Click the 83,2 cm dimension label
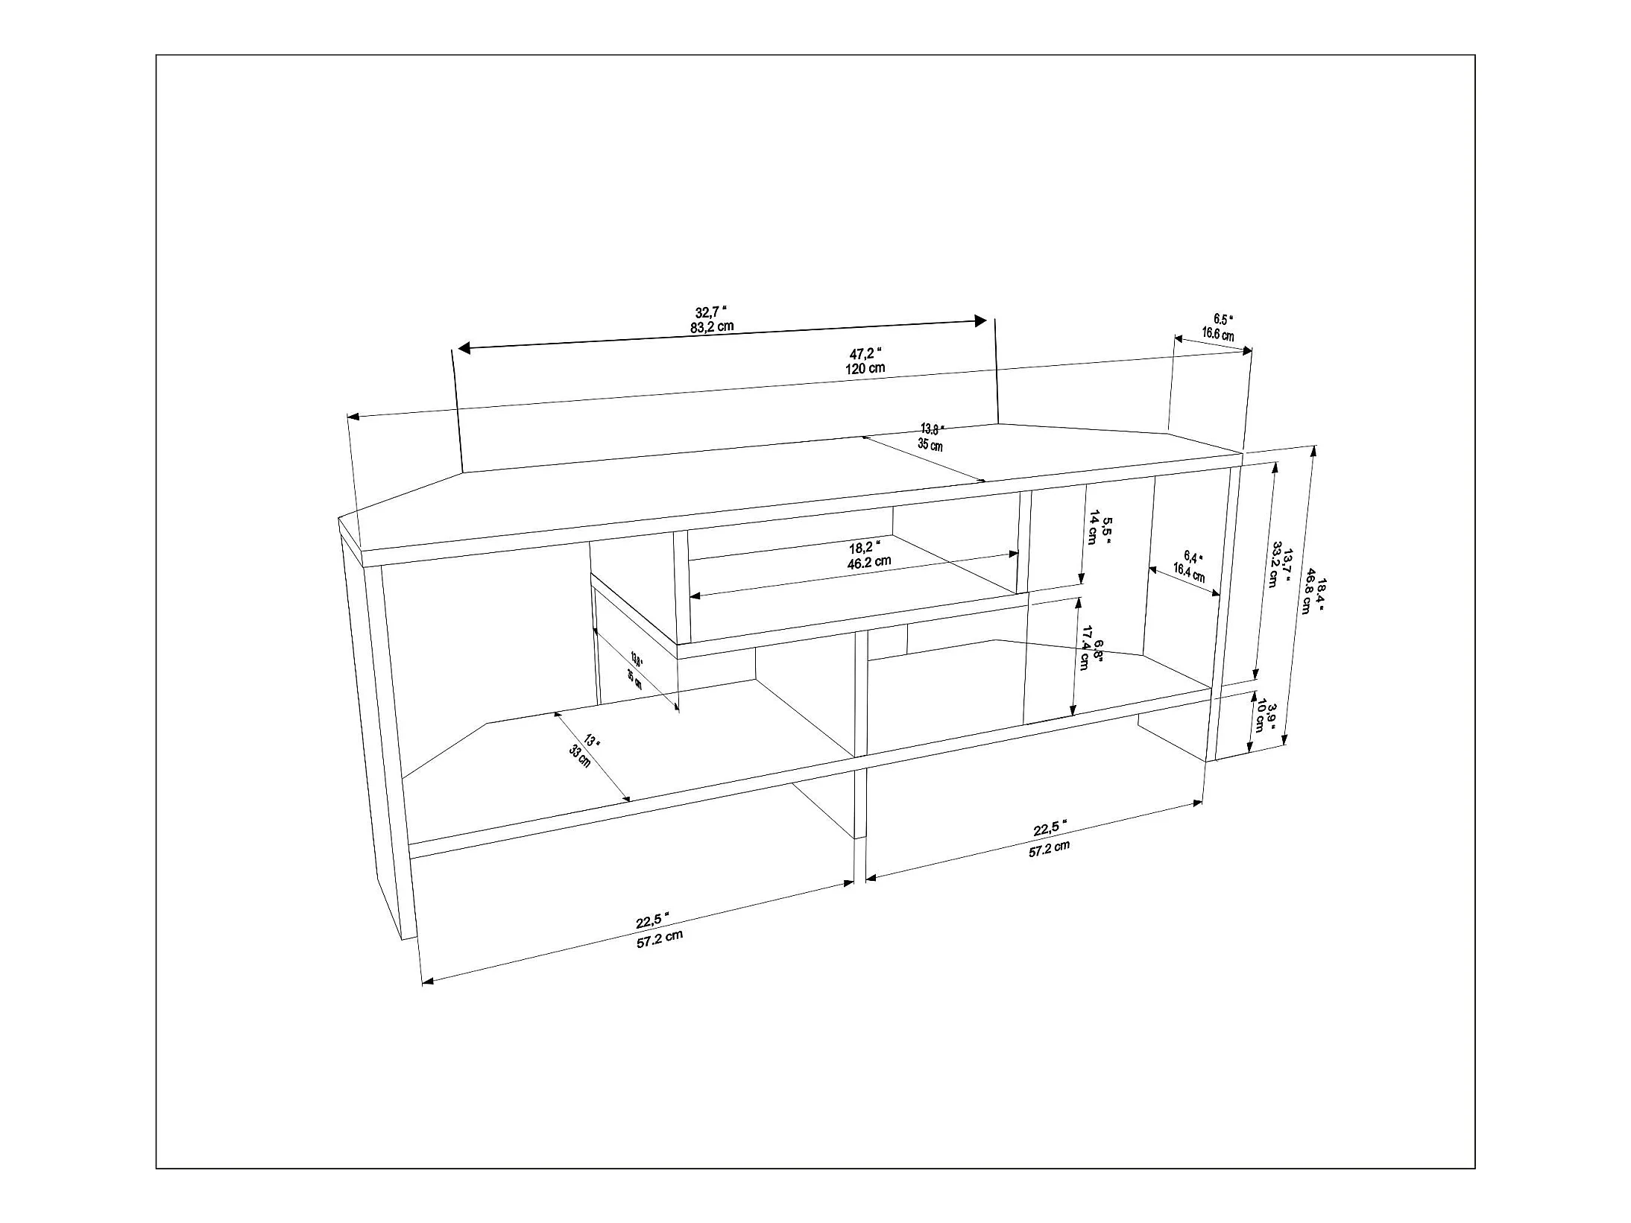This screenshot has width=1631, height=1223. pos(711,326)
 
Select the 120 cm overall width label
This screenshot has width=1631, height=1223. pos(865,367)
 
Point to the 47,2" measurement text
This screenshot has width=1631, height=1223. pos(865,353)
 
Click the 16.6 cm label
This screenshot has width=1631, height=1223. pos(1217,334)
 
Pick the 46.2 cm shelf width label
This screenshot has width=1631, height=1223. pos(869,562)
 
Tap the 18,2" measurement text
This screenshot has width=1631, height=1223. pos(865,548)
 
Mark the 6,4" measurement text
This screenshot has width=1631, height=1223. pos(1193,557)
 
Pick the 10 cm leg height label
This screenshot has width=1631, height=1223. pos(1259,715)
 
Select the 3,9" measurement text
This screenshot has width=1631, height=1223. pos(1272,715)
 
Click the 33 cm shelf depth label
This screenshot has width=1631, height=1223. pos(579,758)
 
